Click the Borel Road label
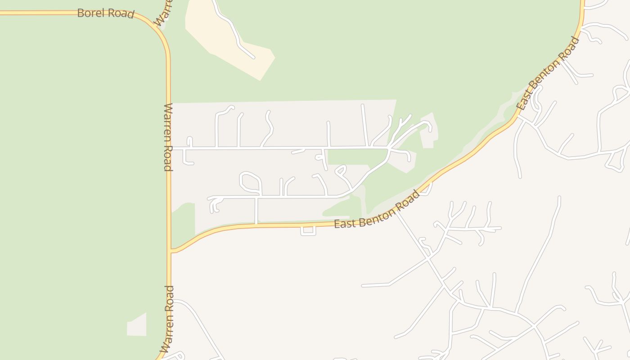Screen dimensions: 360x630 tap(105, 13)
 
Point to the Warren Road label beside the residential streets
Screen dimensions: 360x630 tap(168, 137)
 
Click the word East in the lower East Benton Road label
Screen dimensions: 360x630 tap(344, 223)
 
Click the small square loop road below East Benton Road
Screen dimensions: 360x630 tap(308, 231)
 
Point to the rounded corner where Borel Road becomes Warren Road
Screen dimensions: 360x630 tap(158, 31)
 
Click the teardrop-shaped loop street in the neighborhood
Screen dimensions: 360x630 tap(250, 181)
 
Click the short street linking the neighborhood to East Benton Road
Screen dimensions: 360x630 tap(256, 211)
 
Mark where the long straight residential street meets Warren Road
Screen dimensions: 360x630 tap(171, 148)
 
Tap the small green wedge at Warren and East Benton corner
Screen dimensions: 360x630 tap(182, 225)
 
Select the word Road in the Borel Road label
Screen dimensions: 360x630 tap(121, 14)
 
